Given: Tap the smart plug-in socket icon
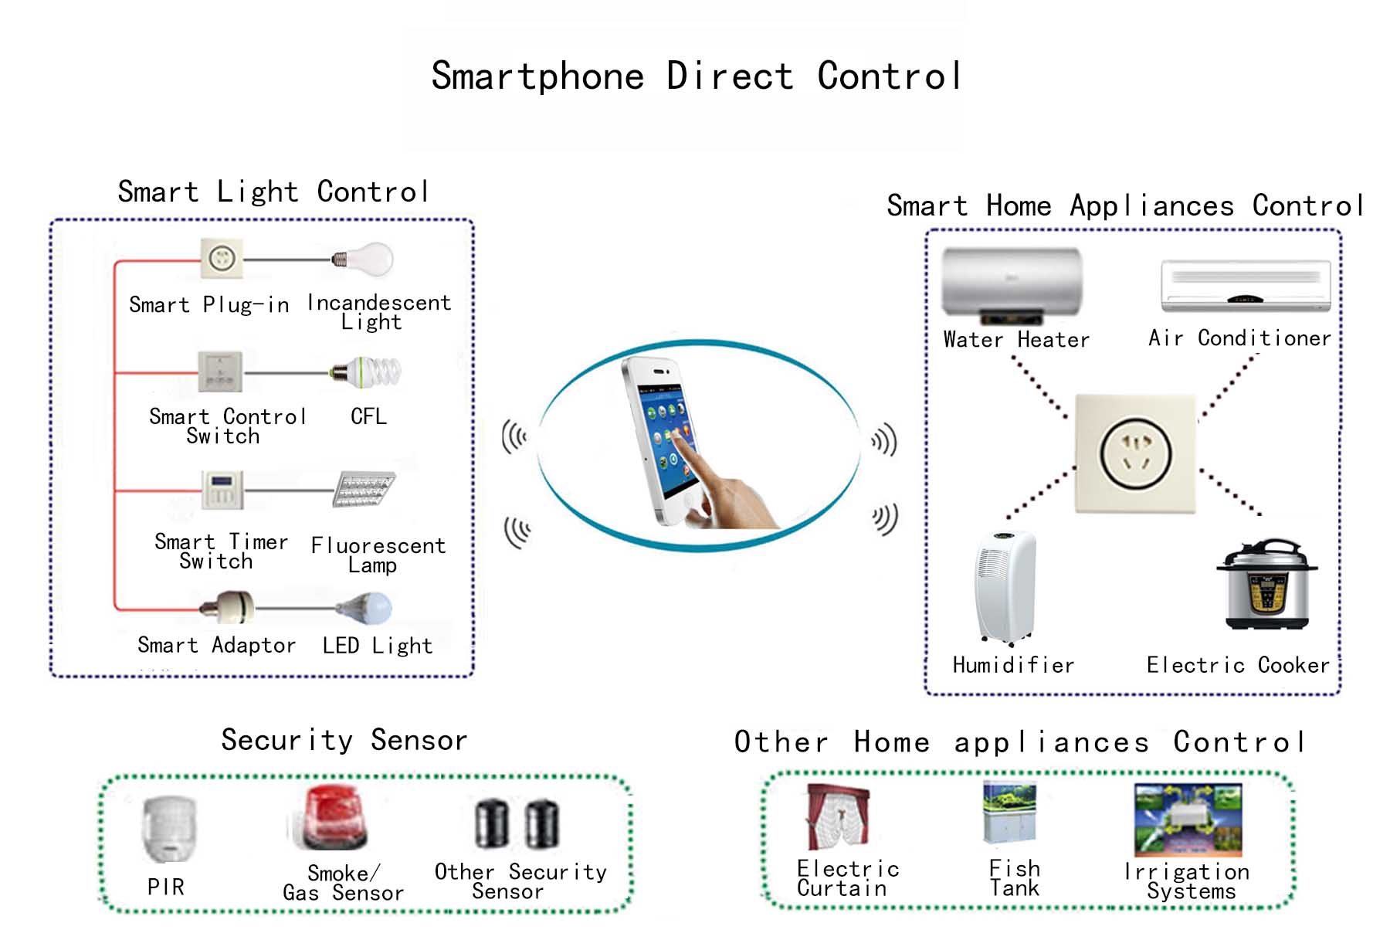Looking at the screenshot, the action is click(x=222, y=258).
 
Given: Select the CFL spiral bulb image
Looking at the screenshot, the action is click(x=366, y=372).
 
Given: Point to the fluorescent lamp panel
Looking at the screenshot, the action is click(x=364, y=489).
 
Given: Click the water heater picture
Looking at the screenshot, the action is click(x=1012, y=285).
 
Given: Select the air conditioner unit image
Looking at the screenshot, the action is click(x=1246, y=286).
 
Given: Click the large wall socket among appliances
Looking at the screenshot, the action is click(x=1135, y=453).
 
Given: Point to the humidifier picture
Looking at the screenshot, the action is click(x=1005, y=587).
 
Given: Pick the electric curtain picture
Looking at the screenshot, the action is click(x=838, y=817).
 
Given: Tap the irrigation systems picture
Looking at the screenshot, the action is click(x=1188, y=820).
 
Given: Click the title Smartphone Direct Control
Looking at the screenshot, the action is click(x=696, y=76).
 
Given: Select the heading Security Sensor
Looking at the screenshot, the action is click(x=344, y=740).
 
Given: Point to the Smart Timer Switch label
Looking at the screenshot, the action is click(x=221, y=551).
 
